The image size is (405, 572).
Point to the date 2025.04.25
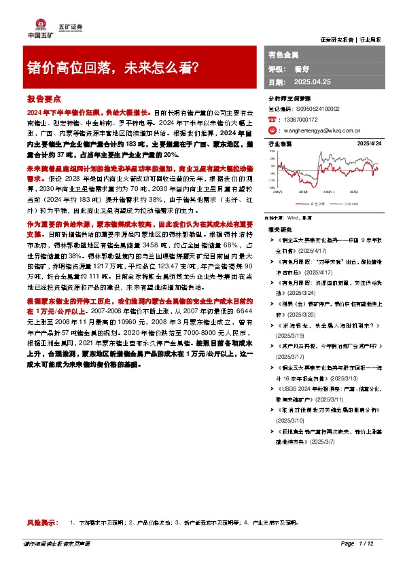point(312,82)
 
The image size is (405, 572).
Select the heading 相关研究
point(279,231)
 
